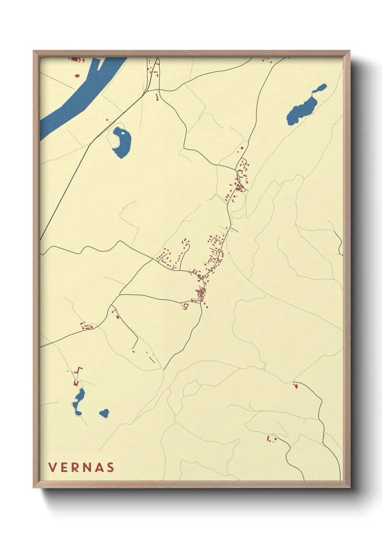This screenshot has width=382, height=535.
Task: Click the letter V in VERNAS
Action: tap(52, 467)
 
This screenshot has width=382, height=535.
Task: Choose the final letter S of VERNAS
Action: tap(110, 467)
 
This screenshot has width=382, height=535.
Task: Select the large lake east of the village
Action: tap(303, 108)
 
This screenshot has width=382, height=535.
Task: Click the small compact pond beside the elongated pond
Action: tap(104, 413)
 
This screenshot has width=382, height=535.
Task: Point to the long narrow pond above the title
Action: tap(78, 401)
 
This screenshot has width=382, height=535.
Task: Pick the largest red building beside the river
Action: tap(75, 59)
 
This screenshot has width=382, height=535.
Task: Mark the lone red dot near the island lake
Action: tap(107, 120)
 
